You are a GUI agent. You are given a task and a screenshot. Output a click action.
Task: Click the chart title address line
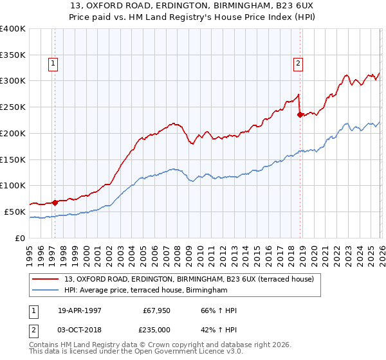click(192, 6)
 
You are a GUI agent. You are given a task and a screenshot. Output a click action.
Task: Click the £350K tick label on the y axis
click(13, 55)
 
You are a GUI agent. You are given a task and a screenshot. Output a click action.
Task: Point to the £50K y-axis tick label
click(15, 212)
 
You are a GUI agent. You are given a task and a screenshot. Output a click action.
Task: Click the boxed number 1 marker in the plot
click(52, 63)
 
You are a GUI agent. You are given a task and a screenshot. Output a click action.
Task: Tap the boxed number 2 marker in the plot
click(299, 63)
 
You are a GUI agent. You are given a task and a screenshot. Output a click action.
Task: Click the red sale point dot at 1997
click(55, 203)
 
